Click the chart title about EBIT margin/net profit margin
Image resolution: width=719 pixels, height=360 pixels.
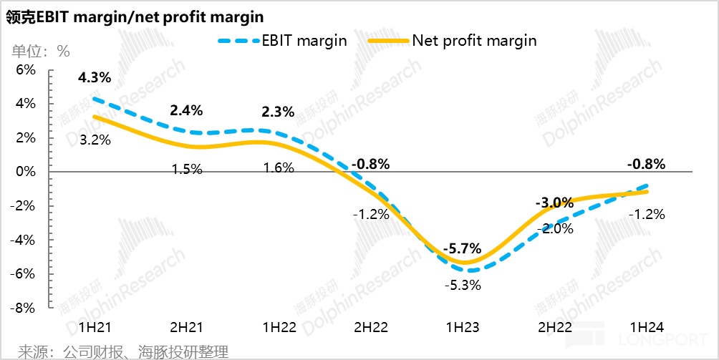[135, 16]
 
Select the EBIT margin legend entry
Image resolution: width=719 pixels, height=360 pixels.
[283, 41]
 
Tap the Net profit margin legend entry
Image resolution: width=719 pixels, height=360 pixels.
[453, 41]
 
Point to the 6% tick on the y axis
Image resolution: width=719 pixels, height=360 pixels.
[25, 70]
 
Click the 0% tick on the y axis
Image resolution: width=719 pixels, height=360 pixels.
[25, 172]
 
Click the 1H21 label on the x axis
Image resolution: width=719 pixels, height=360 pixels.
[95, 327]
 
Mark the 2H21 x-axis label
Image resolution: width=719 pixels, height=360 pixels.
[186, 327]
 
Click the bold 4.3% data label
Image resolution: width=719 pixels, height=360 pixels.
[95, 77]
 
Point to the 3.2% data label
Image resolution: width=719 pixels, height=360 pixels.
[95, 140]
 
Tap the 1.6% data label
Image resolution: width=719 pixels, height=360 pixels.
[279, 169]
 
